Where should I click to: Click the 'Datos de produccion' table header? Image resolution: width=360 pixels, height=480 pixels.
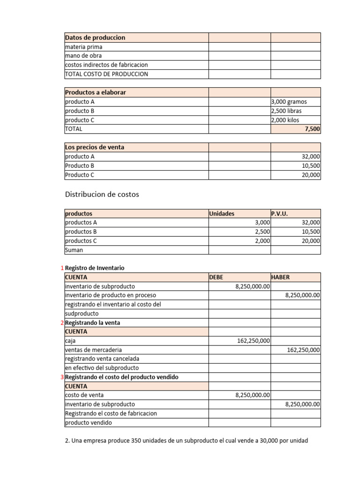[95, 37]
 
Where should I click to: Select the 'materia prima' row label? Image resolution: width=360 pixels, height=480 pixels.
[83, 47]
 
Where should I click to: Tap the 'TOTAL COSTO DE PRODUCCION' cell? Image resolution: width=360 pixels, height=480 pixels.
[106, 74]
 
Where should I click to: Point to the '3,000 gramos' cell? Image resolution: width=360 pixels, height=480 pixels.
[289, 102]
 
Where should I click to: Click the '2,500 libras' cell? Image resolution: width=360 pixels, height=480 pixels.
[286, 111]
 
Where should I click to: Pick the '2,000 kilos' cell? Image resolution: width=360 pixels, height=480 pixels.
[285, 120]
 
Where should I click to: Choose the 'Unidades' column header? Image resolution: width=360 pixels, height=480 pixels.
[222, 213]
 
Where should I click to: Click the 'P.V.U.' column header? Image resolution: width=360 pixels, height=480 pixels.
[279, 213]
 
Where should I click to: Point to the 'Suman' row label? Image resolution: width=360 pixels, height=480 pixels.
[74, 250]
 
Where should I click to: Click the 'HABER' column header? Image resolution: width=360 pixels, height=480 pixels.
[280, 277]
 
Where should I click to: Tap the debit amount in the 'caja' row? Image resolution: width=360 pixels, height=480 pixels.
[254, 341]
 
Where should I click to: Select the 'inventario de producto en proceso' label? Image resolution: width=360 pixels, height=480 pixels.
[111, 295]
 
